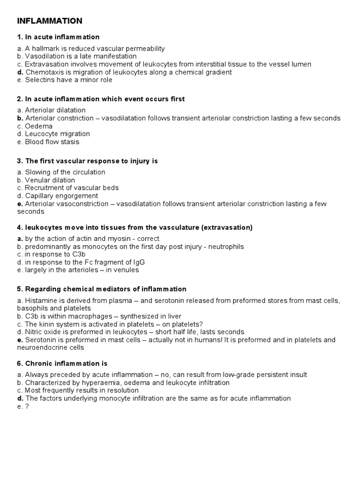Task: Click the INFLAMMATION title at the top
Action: click(x=50, y=21)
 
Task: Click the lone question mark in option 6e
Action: click(x=26, y=406)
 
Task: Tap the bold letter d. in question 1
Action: click(x=20, y=72)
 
